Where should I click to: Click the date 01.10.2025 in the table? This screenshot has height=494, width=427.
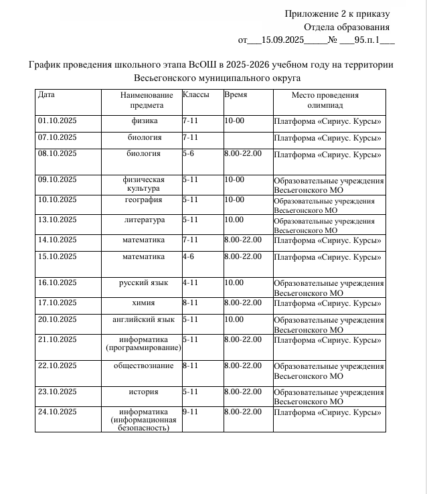click(x=58, y=121)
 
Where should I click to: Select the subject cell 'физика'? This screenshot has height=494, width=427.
click(x=145, y=121)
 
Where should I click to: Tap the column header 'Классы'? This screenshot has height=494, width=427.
click(x=195, y=95)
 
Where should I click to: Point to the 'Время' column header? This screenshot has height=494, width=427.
click(x=236, y=95)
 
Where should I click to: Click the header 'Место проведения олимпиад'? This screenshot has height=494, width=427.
click(x=325, y=100)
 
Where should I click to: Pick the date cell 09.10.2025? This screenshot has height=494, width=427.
click(x=58, y=179)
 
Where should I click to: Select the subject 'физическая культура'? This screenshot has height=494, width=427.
click(x=143, y=184)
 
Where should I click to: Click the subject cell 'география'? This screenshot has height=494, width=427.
click(x=144, y=199)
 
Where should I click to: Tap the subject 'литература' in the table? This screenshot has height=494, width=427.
click(x=144, y=220)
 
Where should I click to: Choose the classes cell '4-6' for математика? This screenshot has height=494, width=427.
click(x=189, y=256)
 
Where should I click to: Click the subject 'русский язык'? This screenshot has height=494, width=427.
click(x=143, y=283)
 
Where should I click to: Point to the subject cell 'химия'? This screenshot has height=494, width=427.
click(x=144, y=303)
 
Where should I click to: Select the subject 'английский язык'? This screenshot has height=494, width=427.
click(x=143, y=319)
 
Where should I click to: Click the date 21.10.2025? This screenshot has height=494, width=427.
click(x=58, y=339)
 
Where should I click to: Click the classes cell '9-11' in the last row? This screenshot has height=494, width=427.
click(x=190, y=411)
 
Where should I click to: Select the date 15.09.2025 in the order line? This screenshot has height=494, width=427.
click(x=284, y=40)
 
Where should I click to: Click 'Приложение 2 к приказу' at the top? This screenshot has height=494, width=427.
click(x=337, y=14)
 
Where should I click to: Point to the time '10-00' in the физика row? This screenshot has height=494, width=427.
click(x=234, y=121)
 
